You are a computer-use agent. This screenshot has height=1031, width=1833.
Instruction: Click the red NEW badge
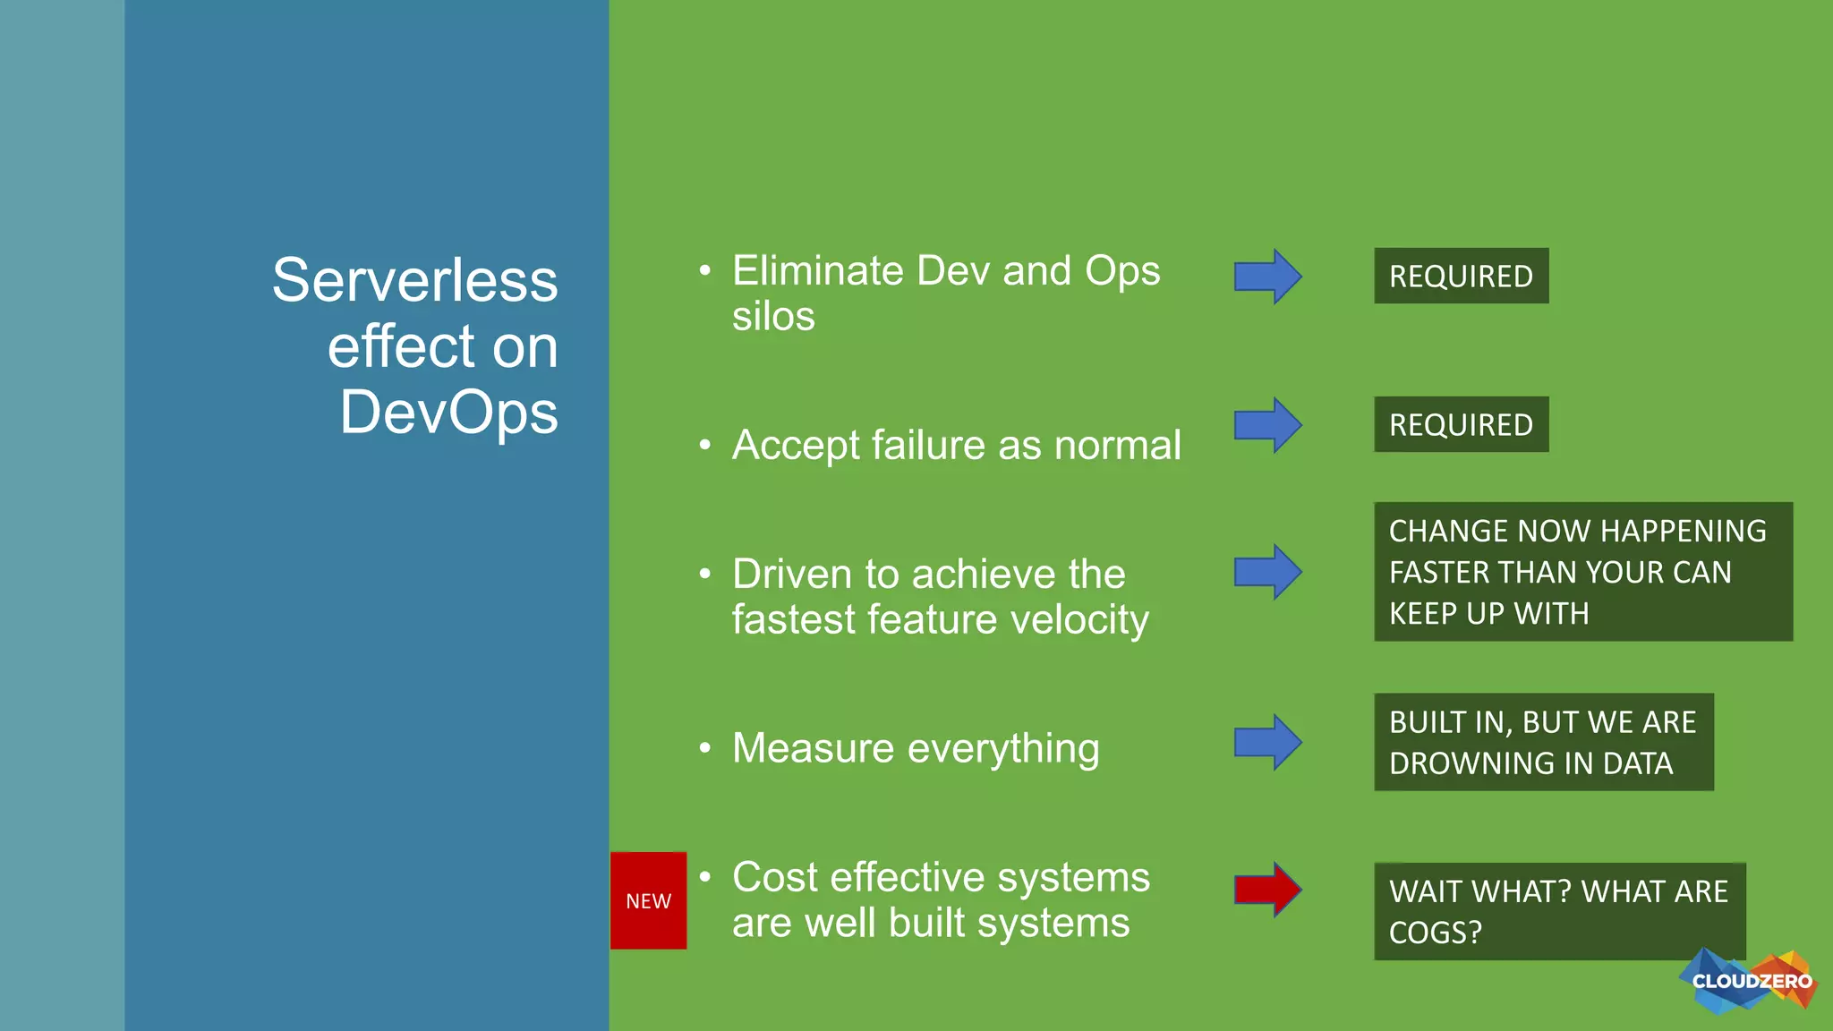[648, 900]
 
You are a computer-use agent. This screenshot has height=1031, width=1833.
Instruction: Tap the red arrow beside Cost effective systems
[1266, 890]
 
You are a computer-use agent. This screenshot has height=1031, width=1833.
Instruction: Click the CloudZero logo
[1750, 982]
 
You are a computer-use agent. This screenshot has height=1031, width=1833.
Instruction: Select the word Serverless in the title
[414, 280]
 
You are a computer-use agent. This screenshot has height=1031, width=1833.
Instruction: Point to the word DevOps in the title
[448, 413]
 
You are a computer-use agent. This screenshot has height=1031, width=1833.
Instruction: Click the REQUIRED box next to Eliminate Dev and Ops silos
[1461, 276]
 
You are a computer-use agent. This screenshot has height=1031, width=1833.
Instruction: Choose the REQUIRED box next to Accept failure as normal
[1461, 424]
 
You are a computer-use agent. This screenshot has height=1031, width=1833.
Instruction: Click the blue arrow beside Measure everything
[1266, 742]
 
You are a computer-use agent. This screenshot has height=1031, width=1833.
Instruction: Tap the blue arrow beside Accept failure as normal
[1266, 425]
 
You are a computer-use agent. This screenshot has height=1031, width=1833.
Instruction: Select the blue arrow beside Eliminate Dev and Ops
[1266, 277]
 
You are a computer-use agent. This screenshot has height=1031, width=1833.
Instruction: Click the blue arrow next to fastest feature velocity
[1266, 572]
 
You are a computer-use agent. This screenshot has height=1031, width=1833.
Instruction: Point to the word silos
[773, 317]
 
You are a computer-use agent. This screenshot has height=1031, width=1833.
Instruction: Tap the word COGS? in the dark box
[1435, 933]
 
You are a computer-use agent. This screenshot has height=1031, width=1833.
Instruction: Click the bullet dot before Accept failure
[705, 445]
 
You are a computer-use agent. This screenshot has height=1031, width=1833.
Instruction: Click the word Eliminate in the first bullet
[818, 271]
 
